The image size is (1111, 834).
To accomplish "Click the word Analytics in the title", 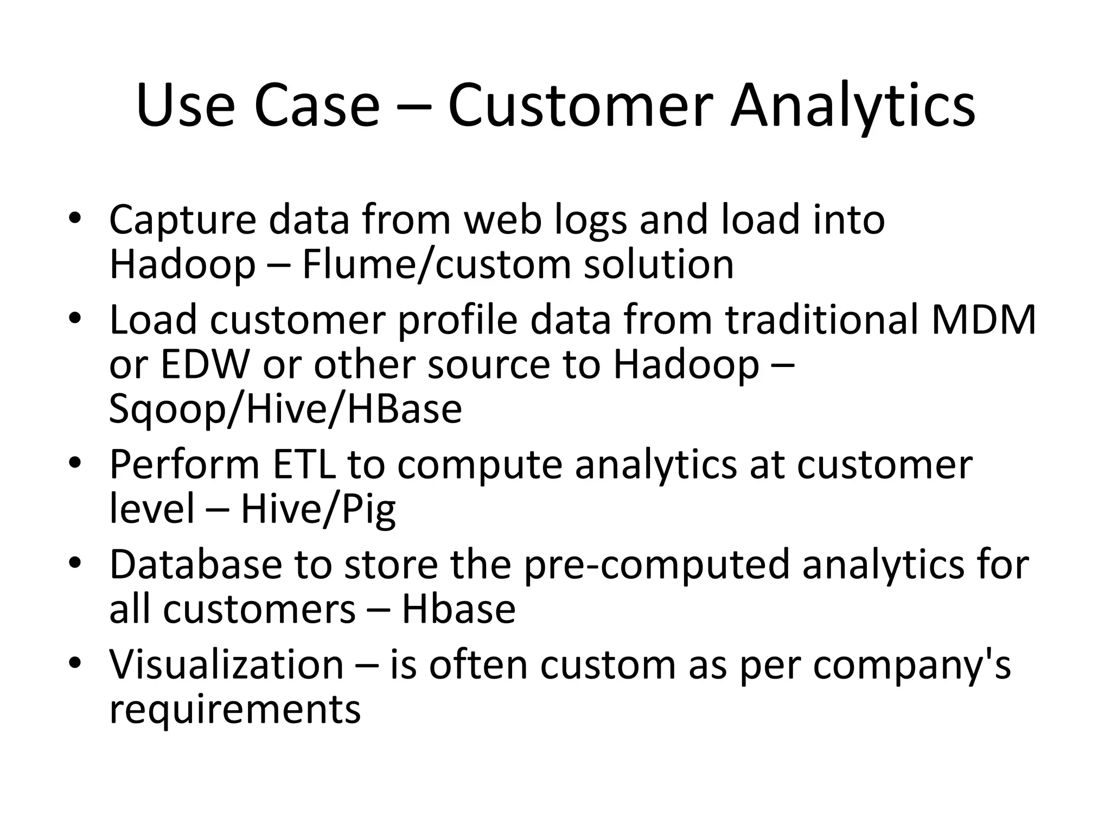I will (x=853, y=106).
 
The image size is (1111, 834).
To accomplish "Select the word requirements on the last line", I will (x=234, y=710).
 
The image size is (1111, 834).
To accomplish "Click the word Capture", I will (x=182, y=220).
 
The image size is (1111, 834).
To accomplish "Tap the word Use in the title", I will (x=185, y=106).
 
